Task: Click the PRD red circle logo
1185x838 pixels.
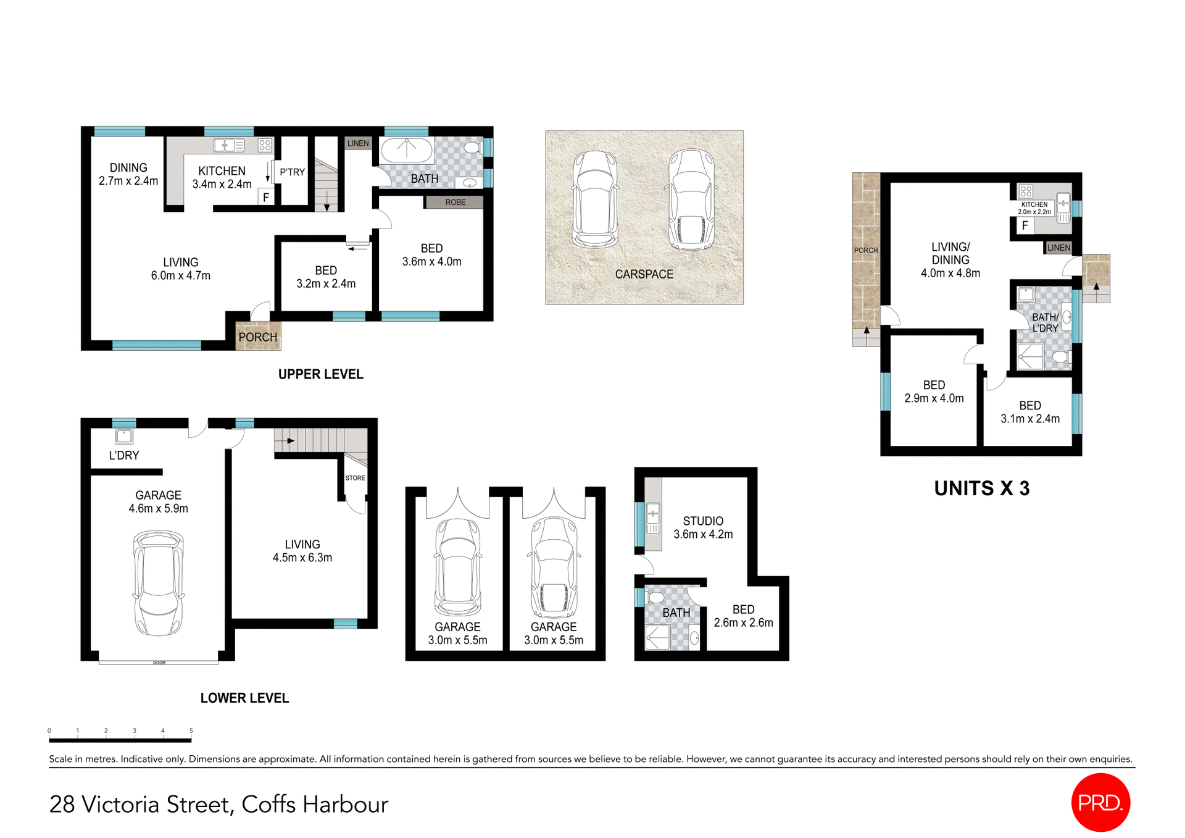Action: (x=1100, y=802)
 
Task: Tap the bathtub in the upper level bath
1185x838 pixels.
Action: (x=406, y=150)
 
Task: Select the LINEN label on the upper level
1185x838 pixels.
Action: (x=358, y=143)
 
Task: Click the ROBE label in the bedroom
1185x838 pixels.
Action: (x=455, y=202)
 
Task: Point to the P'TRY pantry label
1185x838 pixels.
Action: (x=292, y=172)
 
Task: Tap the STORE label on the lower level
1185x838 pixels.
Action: (x=355, y=478)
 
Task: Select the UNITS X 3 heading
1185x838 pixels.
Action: (x=981, y=488)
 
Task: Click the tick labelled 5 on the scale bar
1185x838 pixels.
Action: (x=191, y=731)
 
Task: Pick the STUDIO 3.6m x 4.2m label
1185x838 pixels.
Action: (x=703, y=527)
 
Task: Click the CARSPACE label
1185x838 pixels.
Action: (x=644, y=274)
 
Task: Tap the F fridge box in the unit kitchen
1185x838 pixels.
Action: (x=1025, y=225)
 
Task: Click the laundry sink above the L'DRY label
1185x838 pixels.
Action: (x=124, y=437)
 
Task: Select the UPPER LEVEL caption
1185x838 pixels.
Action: (x=320, y=374)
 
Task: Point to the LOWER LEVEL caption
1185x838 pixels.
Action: (x=244, y=698)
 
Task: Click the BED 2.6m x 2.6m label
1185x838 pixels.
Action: (x=743, y=616)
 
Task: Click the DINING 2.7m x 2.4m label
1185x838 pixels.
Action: (x=128, y=174)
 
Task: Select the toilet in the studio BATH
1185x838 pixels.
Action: (x=655, y=598)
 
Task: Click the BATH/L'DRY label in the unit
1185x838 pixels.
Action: (x=1045, y=322)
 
